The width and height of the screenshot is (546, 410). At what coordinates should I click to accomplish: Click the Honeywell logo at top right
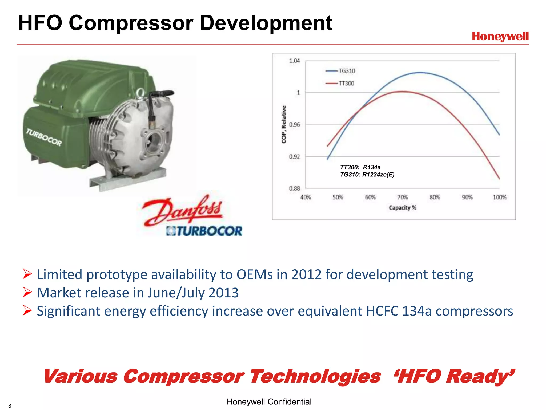pyautogui.click(x=500, y=37)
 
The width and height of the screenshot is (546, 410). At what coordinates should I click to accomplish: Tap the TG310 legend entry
pyautogui.click(x=347, y=71)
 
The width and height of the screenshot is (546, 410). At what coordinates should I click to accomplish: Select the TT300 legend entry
pyautogui.click(x=346, y=84)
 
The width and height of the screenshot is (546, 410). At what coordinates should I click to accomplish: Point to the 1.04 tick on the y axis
pyautogui.click(x=294, y=61)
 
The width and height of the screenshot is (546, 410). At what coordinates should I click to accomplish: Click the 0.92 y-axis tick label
pyautogui.click(x=294, y=157)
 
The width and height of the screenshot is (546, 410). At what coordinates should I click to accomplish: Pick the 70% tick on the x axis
pyautogui.click(x=403, y=197)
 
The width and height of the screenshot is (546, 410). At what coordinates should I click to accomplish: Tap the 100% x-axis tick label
pyautogui.click(x=499, y=197)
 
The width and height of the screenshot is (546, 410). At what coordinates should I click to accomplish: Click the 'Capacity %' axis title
pyautogui.click(x=402, y=208)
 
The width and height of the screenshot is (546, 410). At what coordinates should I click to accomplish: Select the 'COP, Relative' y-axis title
pyautogui.click(x=284, y=124)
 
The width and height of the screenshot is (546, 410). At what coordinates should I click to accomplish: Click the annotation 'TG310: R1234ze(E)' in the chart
pyautogui.click(x=367, y=175)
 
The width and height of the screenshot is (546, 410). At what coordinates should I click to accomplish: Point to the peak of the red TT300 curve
pyautogui.click(x=403, y=92)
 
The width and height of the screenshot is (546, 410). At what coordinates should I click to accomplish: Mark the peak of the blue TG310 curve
pyautogui.click(x=420, y=72)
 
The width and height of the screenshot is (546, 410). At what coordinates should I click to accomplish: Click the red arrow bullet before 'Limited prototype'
pyautogui.click(x=27, y=274)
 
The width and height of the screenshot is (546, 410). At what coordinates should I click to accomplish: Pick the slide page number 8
pyautogui.click(x=10, y=406)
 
